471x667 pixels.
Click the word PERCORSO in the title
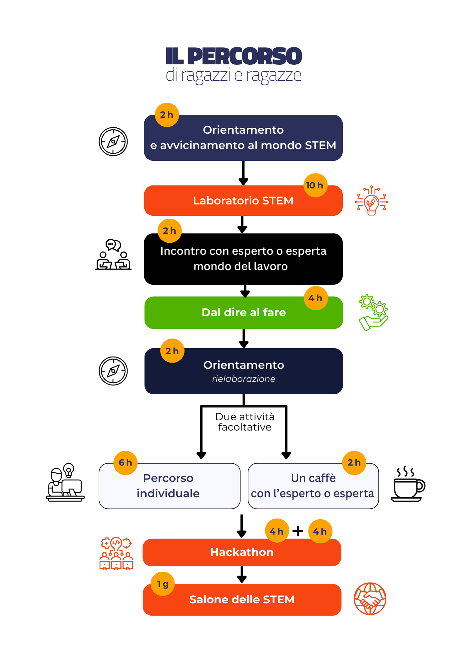[244, 56]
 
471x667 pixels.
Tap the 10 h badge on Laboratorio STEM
[315, 185]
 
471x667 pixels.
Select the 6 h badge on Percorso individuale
[126, 463]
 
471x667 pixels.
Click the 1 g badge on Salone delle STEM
[163, 584]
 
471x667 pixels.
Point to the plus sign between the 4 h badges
[298, 531]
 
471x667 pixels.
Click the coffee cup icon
[408, 484]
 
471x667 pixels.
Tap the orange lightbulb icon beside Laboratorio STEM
[371, 200]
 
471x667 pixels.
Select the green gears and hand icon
[373, 312]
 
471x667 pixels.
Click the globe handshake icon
[370, 599]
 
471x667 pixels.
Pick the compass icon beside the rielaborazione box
[113, 371]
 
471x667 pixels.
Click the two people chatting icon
[113, 254]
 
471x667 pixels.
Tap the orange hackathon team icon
[116, 553]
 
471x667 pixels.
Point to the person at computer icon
[65, 482]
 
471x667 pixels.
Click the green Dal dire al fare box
[243, 312]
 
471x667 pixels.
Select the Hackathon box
[242, 552]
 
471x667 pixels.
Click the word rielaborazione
[244, 379]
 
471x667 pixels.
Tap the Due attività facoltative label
[245, 422]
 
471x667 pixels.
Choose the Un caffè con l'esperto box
[313, 486]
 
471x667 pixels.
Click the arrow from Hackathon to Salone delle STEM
[242, 575]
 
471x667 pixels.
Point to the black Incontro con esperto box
[243, 259]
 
